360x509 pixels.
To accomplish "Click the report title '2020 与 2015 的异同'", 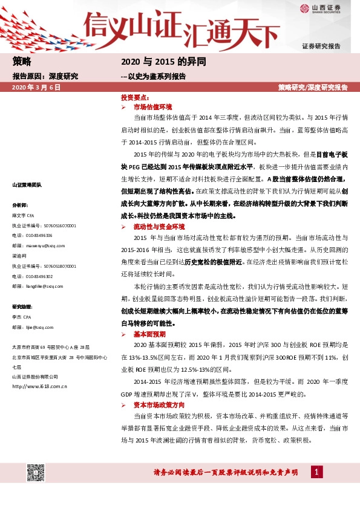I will tap(164, 62).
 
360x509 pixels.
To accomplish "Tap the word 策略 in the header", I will tap(22, 62).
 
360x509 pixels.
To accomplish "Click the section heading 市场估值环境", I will tap(152, 106).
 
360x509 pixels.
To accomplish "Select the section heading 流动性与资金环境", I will tap(159, 226).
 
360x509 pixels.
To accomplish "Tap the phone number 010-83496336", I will tap(39, 235).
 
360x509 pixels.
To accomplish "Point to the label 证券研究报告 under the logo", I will tap(321, 46).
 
